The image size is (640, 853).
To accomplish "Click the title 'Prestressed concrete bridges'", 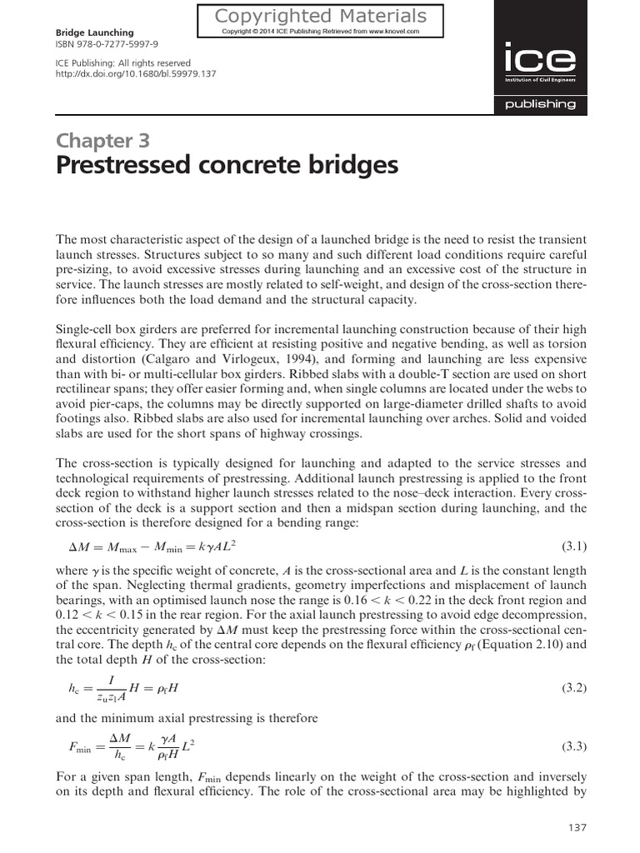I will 227,166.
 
